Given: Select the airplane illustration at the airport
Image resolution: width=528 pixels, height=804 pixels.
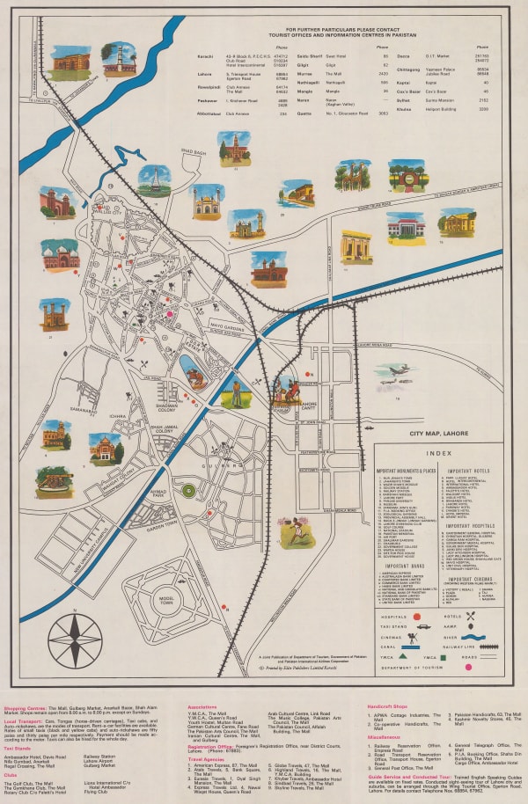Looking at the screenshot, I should click(x=397, y=372).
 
